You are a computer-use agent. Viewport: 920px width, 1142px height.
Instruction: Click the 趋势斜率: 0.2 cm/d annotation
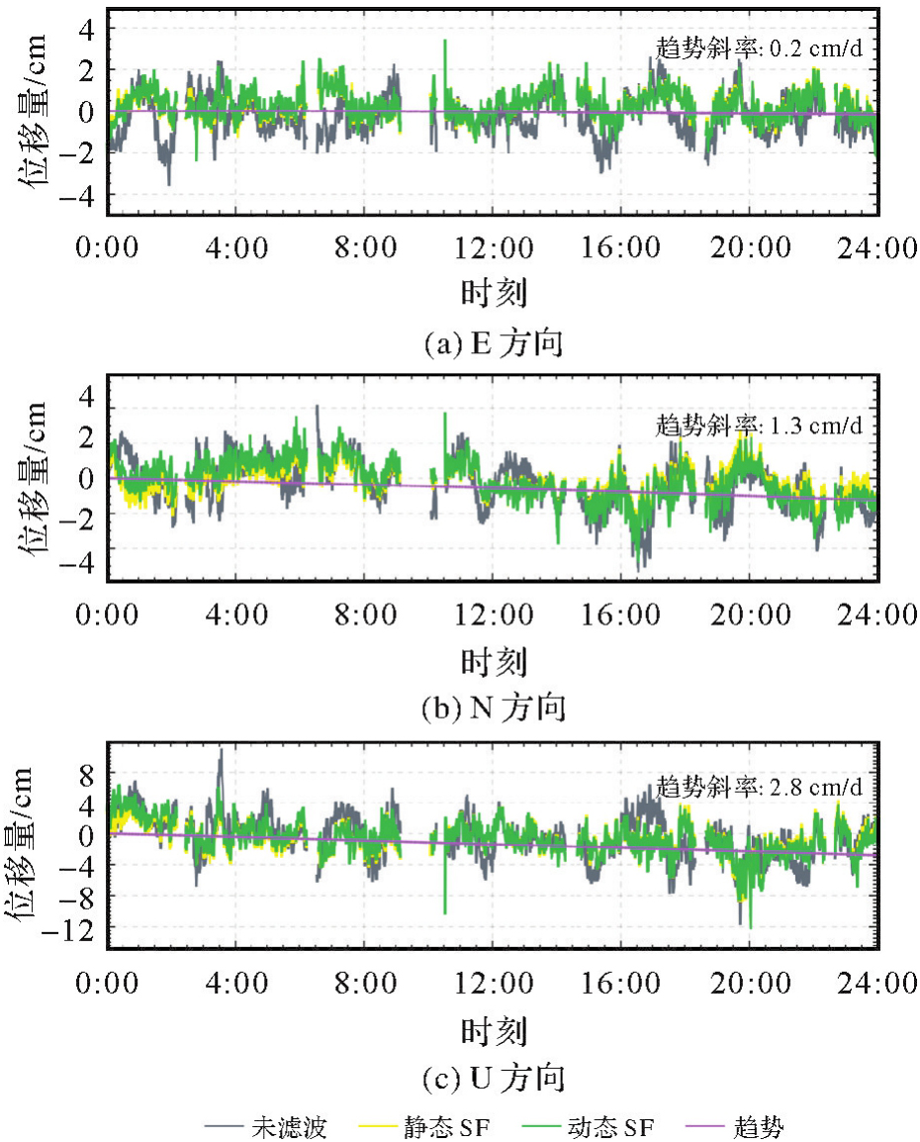[x=759, y=47]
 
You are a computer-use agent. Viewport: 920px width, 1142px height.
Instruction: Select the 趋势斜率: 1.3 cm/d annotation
[x=759, y=427]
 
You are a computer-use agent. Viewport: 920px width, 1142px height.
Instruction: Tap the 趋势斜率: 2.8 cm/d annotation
[x=759, y=788]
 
